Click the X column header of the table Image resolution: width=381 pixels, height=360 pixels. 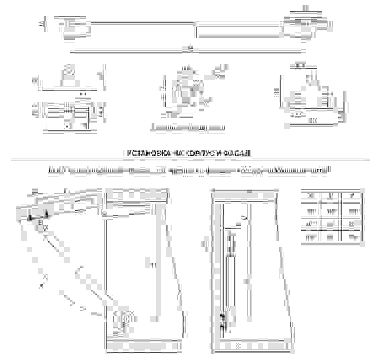click(311, 195)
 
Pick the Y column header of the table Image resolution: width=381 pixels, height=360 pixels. click(331, 195)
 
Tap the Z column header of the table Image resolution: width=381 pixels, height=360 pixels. click(352, 195)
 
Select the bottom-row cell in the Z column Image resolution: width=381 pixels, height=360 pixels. click(352, 237)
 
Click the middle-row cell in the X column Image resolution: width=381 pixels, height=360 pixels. click(311, 223)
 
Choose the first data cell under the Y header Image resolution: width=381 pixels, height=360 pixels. click(331, 210)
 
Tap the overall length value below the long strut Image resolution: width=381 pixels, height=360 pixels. click(189, 48)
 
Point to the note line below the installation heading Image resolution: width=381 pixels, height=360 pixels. click(190, 172)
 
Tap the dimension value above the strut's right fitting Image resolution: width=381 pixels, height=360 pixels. click(305, 8)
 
